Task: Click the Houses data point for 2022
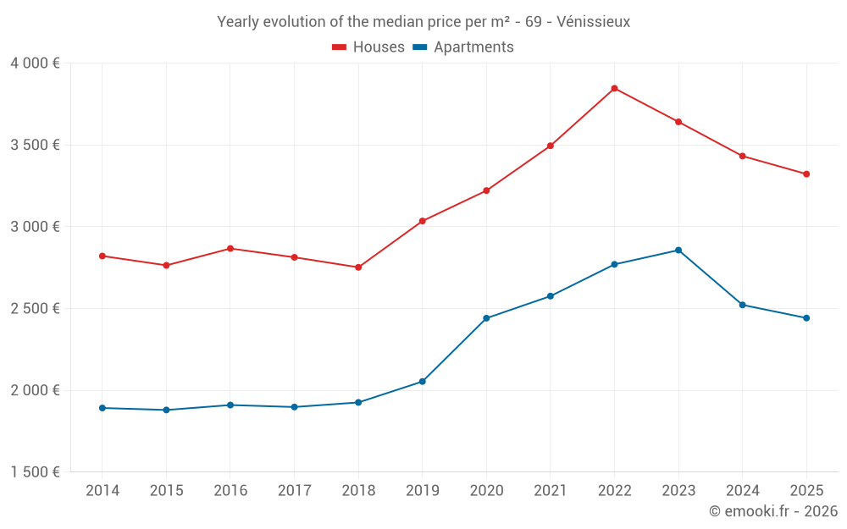click(614, 88)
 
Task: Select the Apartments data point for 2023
click(678, 250)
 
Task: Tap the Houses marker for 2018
click(358, 267)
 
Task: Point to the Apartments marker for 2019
click(422, 382)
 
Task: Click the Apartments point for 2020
click(486, 318)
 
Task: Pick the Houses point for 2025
click(806, 174)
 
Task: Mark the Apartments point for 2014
click(102, 408)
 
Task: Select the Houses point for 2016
click(230, 249)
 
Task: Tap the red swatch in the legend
click(340, 47)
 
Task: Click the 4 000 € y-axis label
click(35, 63)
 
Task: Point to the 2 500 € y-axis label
click(35, 309)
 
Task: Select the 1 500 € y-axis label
click(35, 472)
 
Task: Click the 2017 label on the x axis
click(294, 491)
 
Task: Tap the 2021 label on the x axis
click(551, 491)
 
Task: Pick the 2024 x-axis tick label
click(743, 491)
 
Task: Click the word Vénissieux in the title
click(593, 22)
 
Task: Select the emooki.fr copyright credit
click(772, 511)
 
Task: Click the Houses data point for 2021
click(551, 146)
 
